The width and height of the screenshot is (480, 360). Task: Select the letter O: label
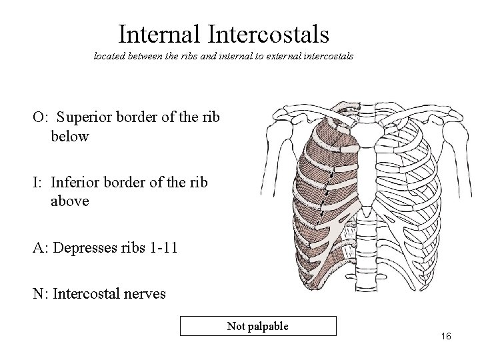point(39,118)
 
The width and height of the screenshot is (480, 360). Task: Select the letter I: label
point(37,183)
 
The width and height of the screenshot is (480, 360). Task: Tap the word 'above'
point(70,201)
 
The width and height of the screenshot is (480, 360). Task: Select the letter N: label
point(39,293)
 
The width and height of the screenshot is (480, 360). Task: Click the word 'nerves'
point(143,293)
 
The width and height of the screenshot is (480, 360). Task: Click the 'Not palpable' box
point(258,326)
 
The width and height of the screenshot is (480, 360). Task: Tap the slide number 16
point(445,337)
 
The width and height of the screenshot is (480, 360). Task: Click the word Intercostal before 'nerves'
point(87,293)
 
